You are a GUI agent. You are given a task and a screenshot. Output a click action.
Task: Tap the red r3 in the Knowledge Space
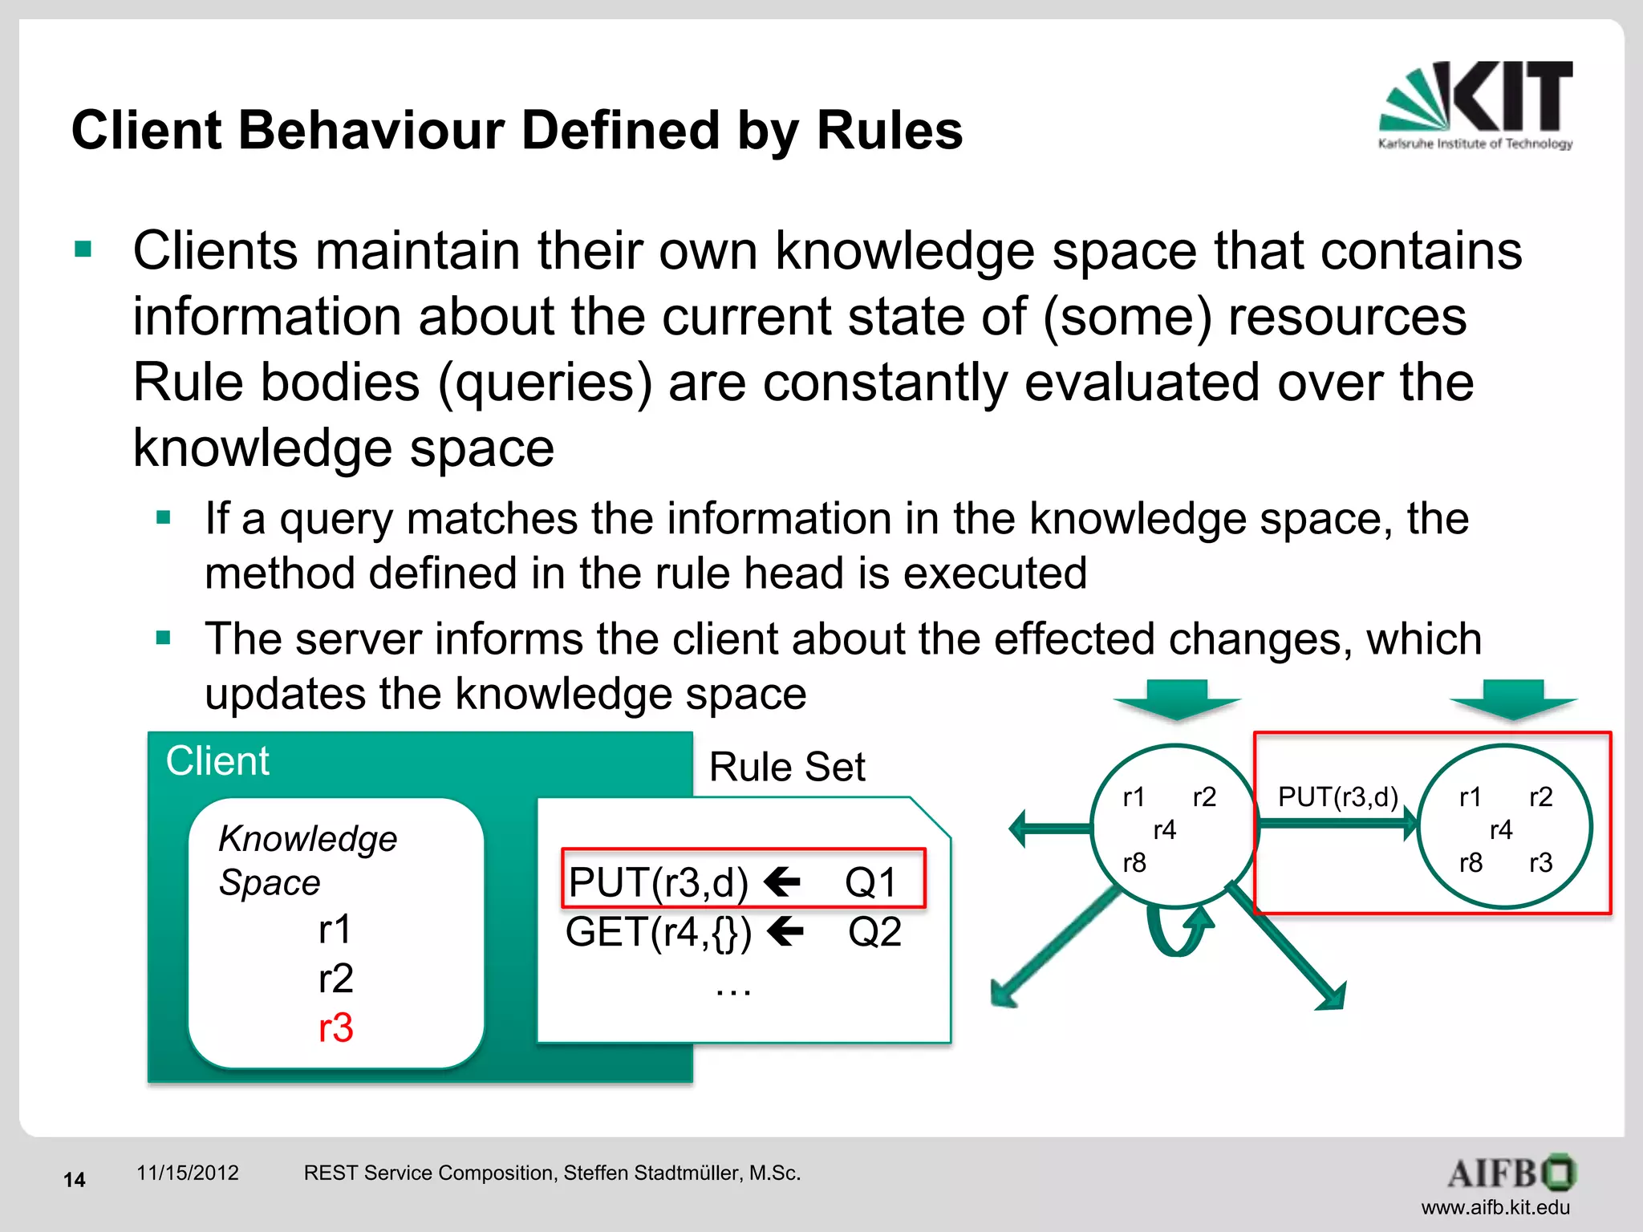point(335,1028)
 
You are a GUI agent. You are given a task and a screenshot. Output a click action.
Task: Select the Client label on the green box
point(217,760)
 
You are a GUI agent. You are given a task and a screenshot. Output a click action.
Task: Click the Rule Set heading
point(787,767)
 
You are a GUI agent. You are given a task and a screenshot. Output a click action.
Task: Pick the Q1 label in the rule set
point(870,882)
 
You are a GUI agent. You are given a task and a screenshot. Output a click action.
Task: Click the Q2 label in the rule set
point(874,932)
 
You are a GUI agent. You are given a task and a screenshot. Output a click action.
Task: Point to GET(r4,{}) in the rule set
point(659,932)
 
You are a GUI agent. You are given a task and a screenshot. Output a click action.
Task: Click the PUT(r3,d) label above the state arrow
point(1337,796)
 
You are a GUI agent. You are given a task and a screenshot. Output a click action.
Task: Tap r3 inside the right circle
point(1540,863)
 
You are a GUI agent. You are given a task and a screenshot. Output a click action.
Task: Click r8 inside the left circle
point(1134,863)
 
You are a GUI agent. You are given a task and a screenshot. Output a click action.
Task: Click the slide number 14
point(75,1179)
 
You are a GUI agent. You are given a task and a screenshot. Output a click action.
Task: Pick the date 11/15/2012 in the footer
point(188,1173)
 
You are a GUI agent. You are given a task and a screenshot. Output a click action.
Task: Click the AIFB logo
point(1511,1173)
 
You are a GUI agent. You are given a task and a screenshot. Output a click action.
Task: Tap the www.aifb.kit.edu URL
point(1495,1207)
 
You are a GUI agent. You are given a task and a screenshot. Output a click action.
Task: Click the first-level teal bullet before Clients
point(83,249)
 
